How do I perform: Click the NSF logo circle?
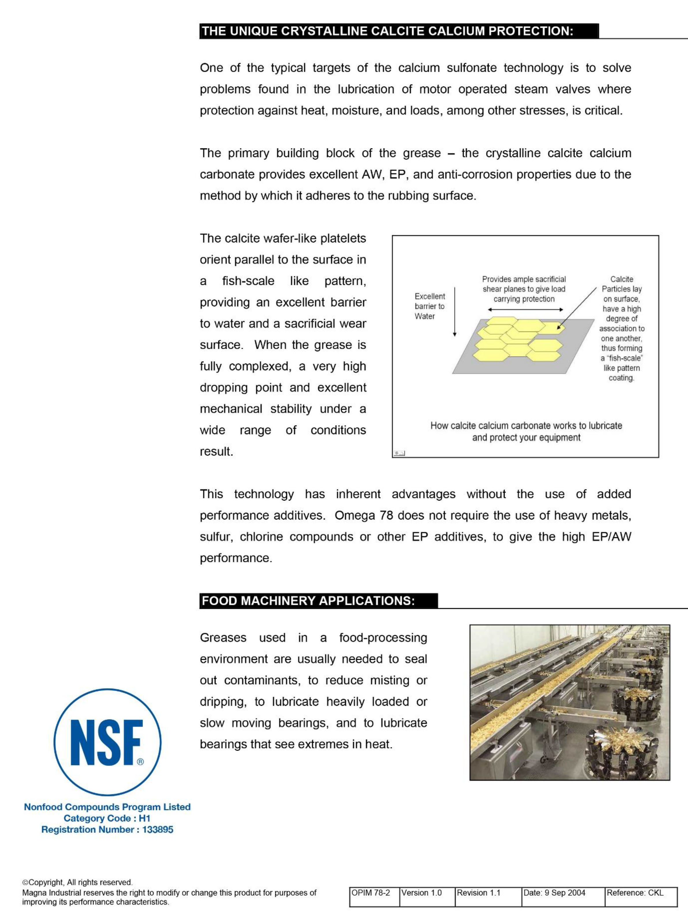(x=107, y=742)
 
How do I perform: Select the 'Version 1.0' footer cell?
(x=422, y=892)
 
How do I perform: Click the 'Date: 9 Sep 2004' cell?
(x=554, y=892)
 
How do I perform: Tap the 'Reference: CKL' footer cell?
(x=635, y=892)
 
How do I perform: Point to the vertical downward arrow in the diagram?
(x=455, y=311)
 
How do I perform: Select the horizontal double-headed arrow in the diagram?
(x=525, y=309)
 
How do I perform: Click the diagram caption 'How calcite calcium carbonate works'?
(x=526, y=431)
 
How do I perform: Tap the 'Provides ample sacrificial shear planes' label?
(x=524, y=289)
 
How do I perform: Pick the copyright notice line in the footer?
(x=78, y=882)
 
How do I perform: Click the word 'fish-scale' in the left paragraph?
(x=248, y=281)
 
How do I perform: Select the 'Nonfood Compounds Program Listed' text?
(x=107, y=807)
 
